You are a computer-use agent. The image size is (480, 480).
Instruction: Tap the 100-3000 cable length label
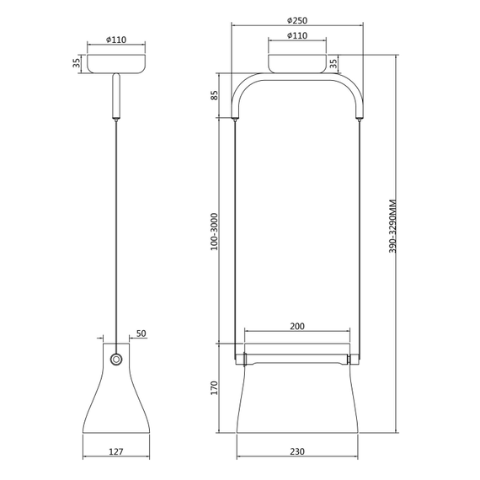(x=216, y=230)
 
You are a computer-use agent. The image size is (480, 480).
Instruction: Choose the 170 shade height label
(x=216, y=388)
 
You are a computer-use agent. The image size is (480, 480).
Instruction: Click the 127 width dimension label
(x=116, y=451)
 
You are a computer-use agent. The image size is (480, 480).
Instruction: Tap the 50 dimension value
(x=141, y=334)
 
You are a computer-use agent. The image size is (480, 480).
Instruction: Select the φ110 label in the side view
(x=116, y=39)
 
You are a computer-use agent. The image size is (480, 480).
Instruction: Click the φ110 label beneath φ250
(x=296, y=36)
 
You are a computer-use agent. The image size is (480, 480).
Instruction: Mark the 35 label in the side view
(x=77, y=63)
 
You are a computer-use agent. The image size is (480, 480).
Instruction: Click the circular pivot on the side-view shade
(x=116, y=360)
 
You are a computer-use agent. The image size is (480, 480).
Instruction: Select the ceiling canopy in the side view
(x=116, y=63)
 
